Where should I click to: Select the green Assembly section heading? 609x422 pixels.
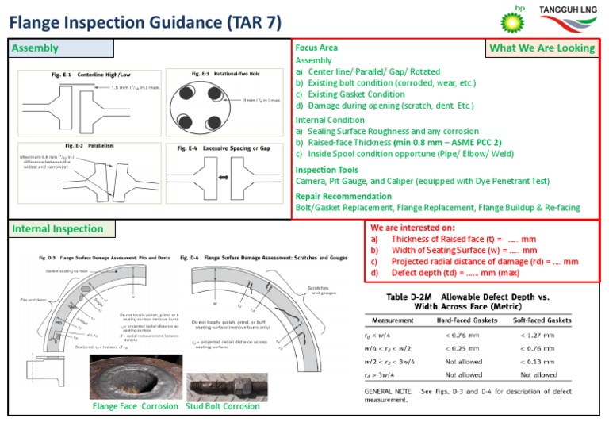(x=35, y=48)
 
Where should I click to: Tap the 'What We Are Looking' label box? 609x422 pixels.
(x=542, y=48)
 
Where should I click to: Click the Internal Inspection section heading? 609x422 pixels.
(x=57, y=229)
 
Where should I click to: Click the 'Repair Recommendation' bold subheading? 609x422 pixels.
(x=345, y=196)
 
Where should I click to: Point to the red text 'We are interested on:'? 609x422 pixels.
(x=414, y=227)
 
